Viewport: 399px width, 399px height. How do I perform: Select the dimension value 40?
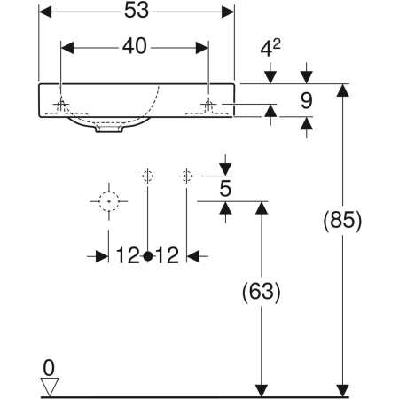pos(133,44)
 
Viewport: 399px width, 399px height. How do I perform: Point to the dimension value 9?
pos(305,101)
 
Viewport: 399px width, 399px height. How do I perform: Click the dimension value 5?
pos(226,187)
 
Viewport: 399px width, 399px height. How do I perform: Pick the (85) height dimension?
pos(342,219)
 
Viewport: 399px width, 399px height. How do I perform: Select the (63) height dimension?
pos(261,291)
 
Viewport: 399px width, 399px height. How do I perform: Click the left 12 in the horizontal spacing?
pos(127,256)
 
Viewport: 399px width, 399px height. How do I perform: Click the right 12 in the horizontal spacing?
pos(167,256)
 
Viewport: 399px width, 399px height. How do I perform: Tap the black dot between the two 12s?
pos(147,256)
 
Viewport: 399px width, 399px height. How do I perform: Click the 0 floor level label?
pos(50,365)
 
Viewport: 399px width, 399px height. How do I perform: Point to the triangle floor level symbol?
pos(50,386)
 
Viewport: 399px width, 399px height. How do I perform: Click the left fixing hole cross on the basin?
pos(61,105)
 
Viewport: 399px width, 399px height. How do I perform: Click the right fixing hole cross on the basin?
pos(208,105)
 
